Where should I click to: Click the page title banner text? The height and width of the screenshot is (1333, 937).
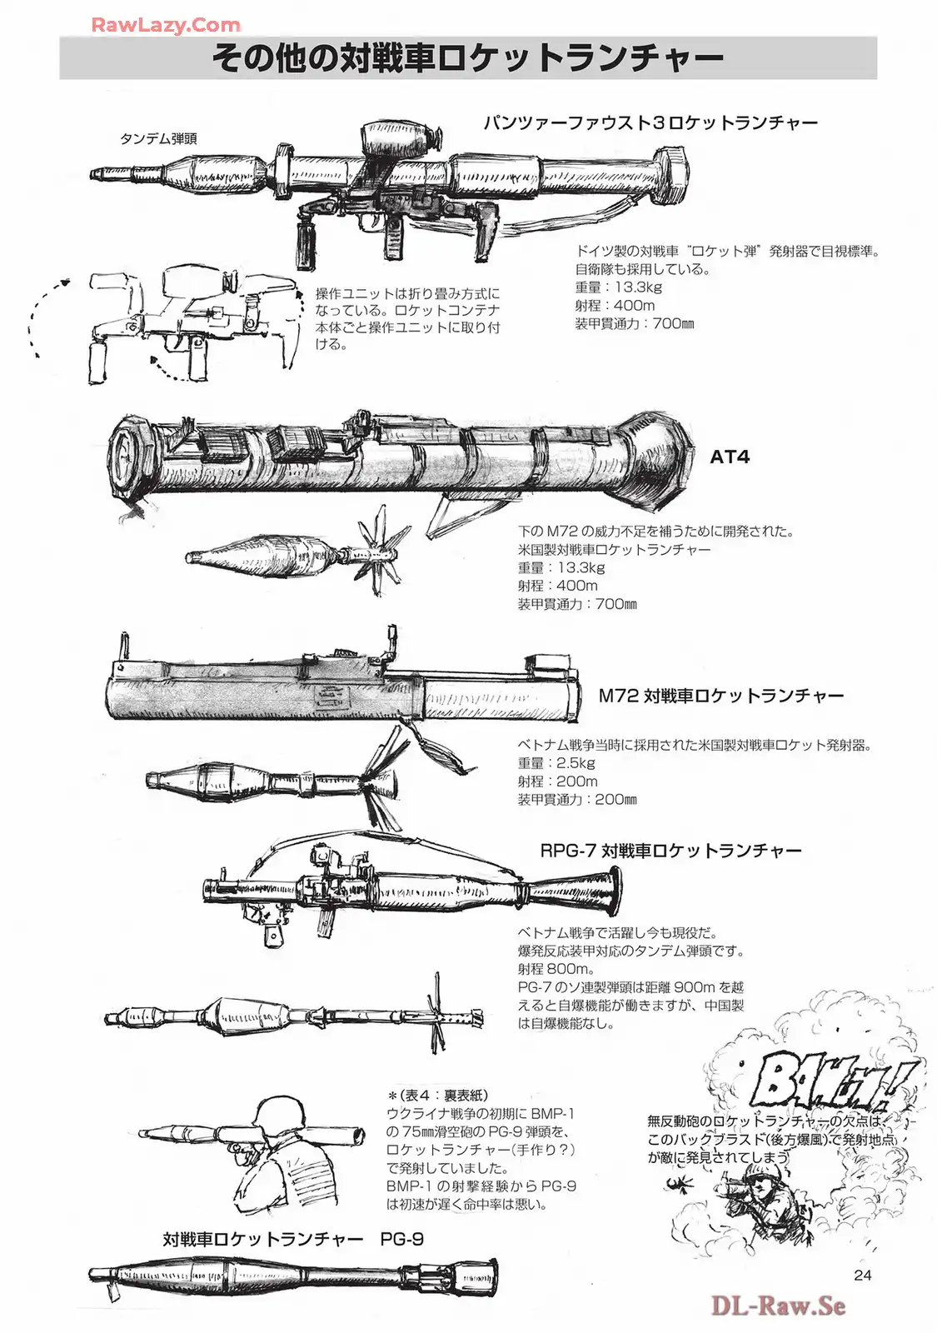[467, 57]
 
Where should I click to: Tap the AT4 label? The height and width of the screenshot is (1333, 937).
[730, 457]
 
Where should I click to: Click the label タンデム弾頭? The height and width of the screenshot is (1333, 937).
[158, 139]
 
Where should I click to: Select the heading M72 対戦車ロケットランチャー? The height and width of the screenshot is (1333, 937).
[721, 696]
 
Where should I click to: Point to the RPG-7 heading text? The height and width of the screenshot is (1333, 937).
[670, 851]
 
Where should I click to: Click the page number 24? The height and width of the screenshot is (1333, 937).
[862, 1276]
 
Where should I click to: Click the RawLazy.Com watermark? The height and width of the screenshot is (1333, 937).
[165, 25]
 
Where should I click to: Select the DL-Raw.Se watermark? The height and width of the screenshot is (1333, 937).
[778, 1306]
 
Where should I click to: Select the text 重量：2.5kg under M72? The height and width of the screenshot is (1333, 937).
[556, 763]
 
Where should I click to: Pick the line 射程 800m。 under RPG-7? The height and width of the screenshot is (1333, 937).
[556, 969]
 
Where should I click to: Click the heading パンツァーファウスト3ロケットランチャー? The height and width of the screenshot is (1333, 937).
[650, 123]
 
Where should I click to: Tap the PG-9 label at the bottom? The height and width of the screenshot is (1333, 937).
[401, 1239]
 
